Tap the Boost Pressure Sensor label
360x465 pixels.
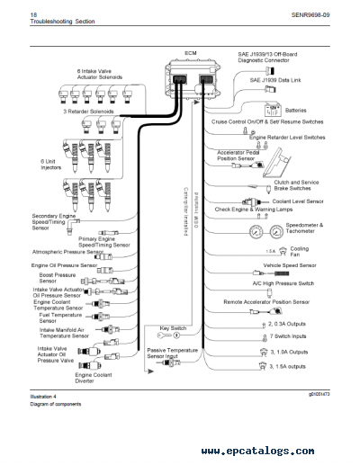(55, 278)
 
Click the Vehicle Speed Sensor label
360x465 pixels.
(289, 266)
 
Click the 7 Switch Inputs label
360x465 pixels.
(288, 336)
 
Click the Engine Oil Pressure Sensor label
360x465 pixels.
(64, 266)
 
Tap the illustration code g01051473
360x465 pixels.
(319, 396)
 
